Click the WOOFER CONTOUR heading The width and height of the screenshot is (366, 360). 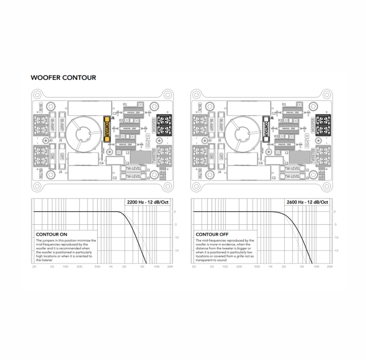coord(63,78)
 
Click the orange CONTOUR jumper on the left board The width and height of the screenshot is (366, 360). coord(107,129)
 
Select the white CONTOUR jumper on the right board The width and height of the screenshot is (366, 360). coord(266,129)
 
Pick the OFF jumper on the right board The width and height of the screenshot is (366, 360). coord(220,157)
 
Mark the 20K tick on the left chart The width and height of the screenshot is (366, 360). coord(170,266)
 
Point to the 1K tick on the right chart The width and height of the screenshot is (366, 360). coord(270,266)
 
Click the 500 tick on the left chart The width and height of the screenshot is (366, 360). coord(97,266)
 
